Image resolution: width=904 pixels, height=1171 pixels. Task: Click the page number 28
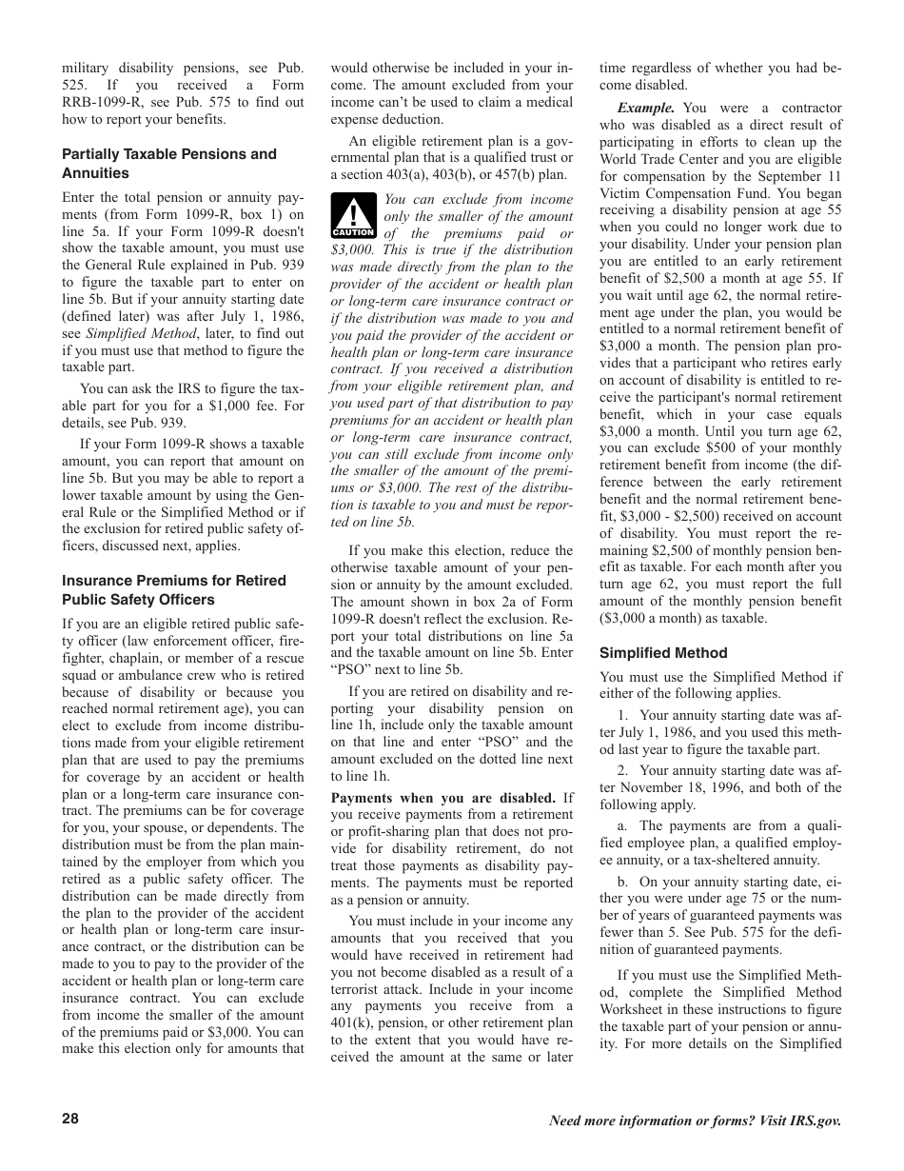point(70,1119)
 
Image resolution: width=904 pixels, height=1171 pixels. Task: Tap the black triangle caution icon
point(353,218)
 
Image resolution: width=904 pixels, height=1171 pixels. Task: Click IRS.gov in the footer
point(815,1121)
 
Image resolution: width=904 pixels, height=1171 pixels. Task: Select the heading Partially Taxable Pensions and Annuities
point(169,164)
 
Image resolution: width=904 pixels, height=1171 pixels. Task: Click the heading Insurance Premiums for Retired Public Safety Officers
point(174,590)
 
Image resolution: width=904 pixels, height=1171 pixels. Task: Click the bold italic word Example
point(646,109)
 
